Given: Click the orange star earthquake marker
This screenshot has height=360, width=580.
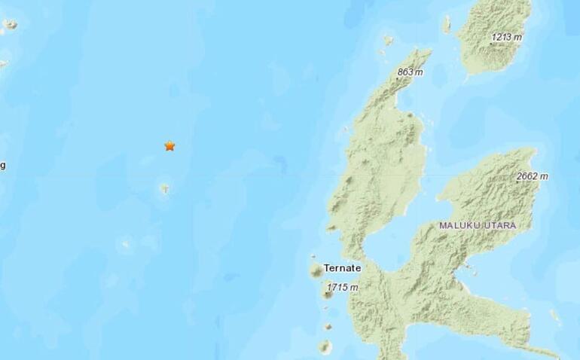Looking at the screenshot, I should coord(169,145).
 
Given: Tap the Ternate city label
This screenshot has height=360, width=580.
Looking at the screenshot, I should coord(342,267).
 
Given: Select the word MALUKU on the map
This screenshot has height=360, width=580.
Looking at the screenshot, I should coord(462,224).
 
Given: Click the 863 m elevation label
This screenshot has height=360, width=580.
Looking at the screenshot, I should coord(411,72).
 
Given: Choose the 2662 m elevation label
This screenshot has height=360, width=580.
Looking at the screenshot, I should coord(533,176).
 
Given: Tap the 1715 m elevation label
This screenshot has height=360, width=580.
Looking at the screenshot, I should coord(343,288).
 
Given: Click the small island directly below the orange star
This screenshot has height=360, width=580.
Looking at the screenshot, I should coord(164,188).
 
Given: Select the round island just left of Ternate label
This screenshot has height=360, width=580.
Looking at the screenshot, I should coord(316,270).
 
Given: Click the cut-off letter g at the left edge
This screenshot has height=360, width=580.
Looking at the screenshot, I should coord(2,165).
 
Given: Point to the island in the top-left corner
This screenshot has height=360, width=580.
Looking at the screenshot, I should coord(10,25).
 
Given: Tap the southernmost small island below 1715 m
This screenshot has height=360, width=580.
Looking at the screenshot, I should coord(324,347).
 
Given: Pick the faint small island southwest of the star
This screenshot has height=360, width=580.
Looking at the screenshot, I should coord(126,243).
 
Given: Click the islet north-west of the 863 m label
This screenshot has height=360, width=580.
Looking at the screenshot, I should coord(387,40).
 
